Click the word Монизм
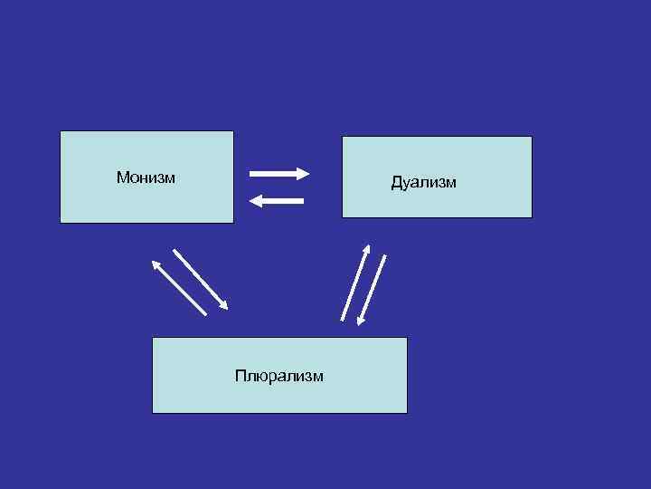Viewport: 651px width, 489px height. pos(146,177)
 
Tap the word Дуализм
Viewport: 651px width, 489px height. pos(423,183)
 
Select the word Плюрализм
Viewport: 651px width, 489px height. pos(278,375)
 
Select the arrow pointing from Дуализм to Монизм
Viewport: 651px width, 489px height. pos(277,201)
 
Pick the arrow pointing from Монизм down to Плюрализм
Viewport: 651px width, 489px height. pos(200,279)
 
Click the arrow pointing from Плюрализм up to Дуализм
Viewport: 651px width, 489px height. pos(354,282)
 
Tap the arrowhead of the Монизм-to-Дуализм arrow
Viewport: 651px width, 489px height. pos(305,173)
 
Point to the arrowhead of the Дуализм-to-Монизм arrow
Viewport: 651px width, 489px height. pos(254,201)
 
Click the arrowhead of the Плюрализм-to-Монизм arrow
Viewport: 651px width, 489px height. pos(156,264)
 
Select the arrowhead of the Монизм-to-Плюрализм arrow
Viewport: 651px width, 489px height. pos(223,305)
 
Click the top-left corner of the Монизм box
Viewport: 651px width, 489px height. pos(61,131)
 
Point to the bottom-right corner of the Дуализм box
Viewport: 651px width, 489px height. pos(532,217)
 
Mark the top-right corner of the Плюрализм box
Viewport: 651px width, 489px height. pos(407,338)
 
